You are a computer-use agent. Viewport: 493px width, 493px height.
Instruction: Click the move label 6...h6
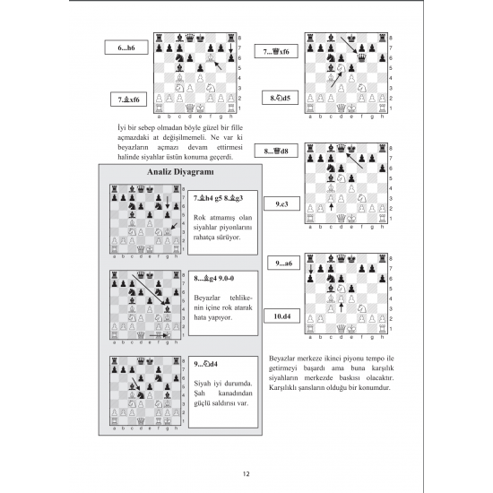click(x=126, y=48)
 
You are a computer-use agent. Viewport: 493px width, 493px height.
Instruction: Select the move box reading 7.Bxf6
click(x=128, y=99)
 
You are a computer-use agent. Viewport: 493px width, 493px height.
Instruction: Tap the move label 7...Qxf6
click(x=276, y=52)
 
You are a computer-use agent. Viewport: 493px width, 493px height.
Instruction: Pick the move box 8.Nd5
click(x=281, y=98)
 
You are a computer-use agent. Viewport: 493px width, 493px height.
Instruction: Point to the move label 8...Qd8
click(x=276, y=151)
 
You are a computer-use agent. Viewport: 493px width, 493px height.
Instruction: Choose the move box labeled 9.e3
click(x=281, y=203)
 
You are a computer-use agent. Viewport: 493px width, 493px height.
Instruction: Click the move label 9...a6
click(x=283, y=263)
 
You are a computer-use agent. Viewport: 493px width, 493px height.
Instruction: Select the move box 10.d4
click(x=281, y=316)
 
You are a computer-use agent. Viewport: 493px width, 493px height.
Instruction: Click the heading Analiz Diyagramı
click(x=180, y=172)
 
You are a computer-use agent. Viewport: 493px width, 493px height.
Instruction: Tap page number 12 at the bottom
click(x=246, y=474)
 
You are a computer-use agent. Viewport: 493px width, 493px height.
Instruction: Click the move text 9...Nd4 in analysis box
click(x=205, y=364)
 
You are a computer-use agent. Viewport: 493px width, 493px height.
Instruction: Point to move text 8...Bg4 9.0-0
click(x=214, y=278)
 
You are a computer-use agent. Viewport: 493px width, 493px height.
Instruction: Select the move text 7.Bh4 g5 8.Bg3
click(x=218, y=198)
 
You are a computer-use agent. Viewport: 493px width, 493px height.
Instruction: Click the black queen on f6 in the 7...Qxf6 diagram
click(x=361, y=57)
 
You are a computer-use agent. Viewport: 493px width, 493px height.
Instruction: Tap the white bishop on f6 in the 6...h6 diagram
click(x=211, y=57)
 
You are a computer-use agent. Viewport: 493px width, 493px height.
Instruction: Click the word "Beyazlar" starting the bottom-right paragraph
click(x=282, y=359)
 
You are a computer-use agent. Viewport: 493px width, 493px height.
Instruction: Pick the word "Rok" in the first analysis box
click(x=199, y=218)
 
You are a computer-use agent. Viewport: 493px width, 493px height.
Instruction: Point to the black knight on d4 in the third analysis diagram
click(x=141, y=395)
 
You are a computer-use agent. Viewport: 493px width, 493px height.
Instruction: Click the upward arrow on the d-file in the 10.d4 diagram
click(x=342, y=307)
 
